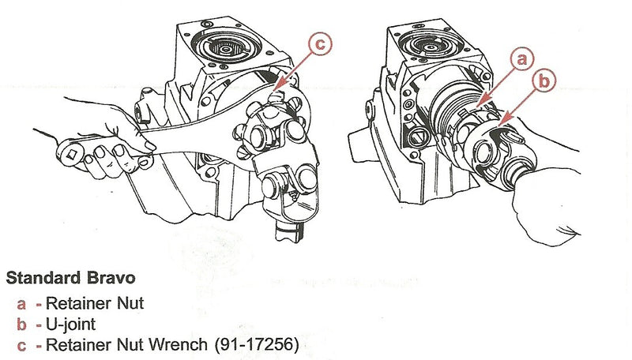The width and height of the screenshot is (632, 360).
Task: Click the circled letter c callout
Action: click(320, 44)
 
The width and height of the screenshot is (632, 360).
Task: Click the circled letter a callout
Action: click(522, 59)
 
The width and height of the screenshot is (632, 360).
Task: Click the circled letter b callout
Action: click(544, 81)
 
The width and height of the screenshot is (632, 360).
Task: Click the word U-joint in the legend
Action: click(70, 324)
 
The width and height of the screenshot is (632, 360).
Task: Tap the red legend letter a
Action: click(21, 305)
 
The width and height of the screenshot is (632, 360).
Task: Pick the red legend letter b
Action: click(22, 324)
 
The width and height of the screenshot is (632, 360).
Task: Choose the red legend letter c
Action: click(21, 346)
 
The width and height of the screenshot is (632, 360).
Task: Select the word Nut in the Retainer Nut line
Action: click(130, 303)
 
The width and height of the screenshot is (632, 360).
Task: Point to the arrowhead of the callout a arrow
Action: click(482, 102)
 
